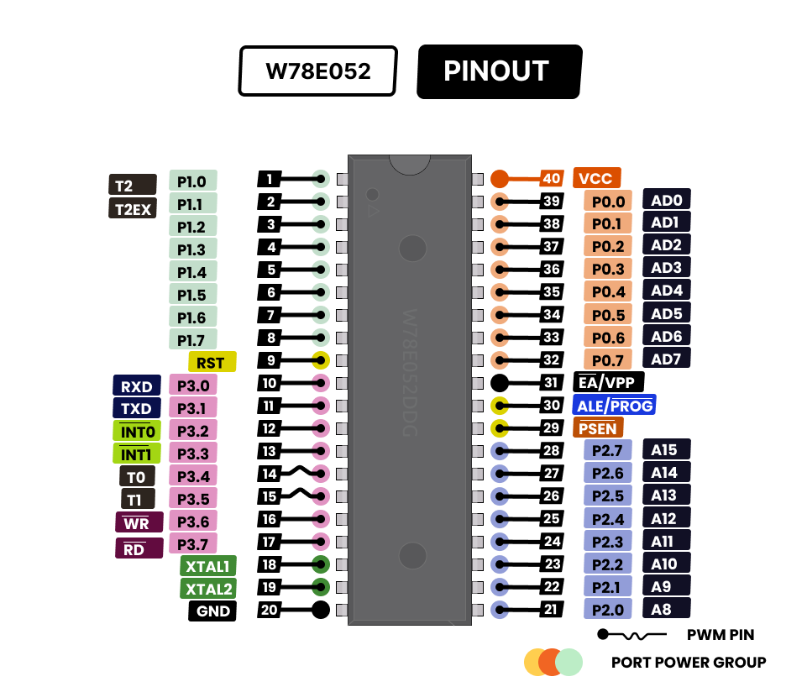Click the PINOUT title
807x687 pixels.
(x=495, y=71)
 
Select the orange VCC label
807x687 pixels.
(x=597, y=178)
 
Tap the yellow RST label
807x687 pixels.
(x=212, y=362)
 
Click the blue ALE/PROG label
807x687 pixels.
(x=614, y=406)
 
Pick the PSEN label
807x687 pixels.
(x=597, y=428)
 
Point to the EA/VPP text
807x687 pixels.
(x=606, y=382)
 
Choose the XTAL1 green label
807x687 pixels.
(x=208, y=565)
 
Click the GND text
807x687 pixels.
(x=213, y=611)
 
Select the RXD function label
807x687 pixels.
(x=136, y=386)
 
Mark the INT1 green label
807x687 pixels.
(x=136, y=454)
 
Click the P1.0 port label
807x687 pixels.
(x=192, y=181)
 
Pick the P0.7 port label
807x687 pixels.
(x=608, y=360)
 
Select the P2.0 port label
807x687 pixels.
(x=608, y=610)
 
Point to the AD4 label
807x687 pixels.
(x=667, y=291)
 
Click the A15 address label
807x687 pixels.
(x=665, y=449)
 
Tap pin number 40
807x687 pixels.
(x=551, y=178)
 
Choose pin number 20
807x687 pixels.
(x=269, y=610)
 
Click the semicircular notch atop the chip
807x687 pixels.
(x=410, y=164)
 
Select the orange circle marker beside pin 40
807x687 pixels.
(x=500, y=178)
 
